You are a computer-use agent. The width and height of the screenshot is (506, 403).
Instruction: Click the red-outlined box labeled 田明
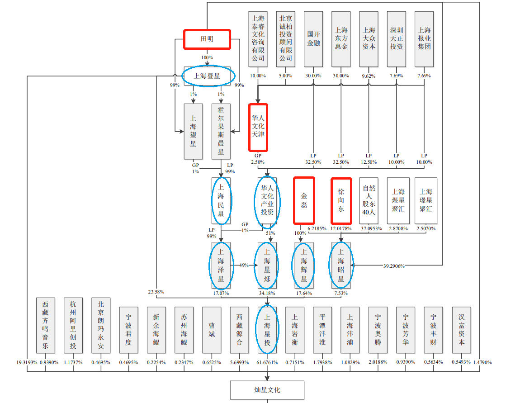pyautogui.click(x=207, y=39)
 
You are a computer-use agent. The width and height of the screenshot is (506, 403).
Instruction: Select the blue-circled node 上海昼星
pyautogui.click(x=208, y=76)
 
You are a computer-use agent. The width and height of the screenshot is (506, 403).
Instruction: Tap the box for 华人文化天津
pyautogui.click(x=258, y=128)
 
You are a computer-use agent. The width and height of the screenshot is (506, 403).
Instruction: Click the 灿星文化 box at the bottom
pyautogui.click(x=267, y=389)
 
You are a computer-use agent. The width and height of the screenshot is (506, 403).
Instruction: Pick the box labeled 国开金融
pyautogui.click(x=313, y=39)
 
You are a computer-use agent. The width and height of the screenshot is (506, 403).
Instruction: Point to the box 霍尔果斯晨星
pyautogui.click(x=221, y=131)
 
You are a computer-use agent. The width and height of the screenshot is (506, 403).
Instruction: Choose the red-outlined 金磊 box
pyautogui.click(x=304, y=200)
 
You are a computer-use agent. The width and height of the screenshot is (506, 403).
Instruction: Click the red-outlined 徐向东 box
pyautogui.click(x=341, y=200)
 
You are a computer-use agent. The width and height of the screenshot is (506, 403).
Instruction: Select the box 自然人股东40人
pyautogui.click(x=369, y=200)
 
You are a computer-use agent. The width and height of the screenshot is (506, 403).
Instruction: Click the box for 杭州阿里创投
pyautogui.click(x=73, y=325)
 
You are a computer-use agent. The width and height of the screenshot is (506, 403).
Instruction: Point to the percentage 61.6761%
pyautogui.click(x=267, y=362)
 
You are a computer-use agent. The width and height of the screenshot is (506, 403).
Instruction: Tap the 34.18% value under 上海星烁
pyautogui.click(x=267, y=293)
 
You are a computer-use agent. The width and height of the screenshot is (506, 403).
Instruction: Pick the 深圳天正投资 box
pyautogui.click(x=397, y=39)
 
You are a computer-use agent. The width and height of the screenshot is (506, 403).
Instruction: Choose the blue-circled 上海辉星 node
pyautogui.click(x=304, y=266)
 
